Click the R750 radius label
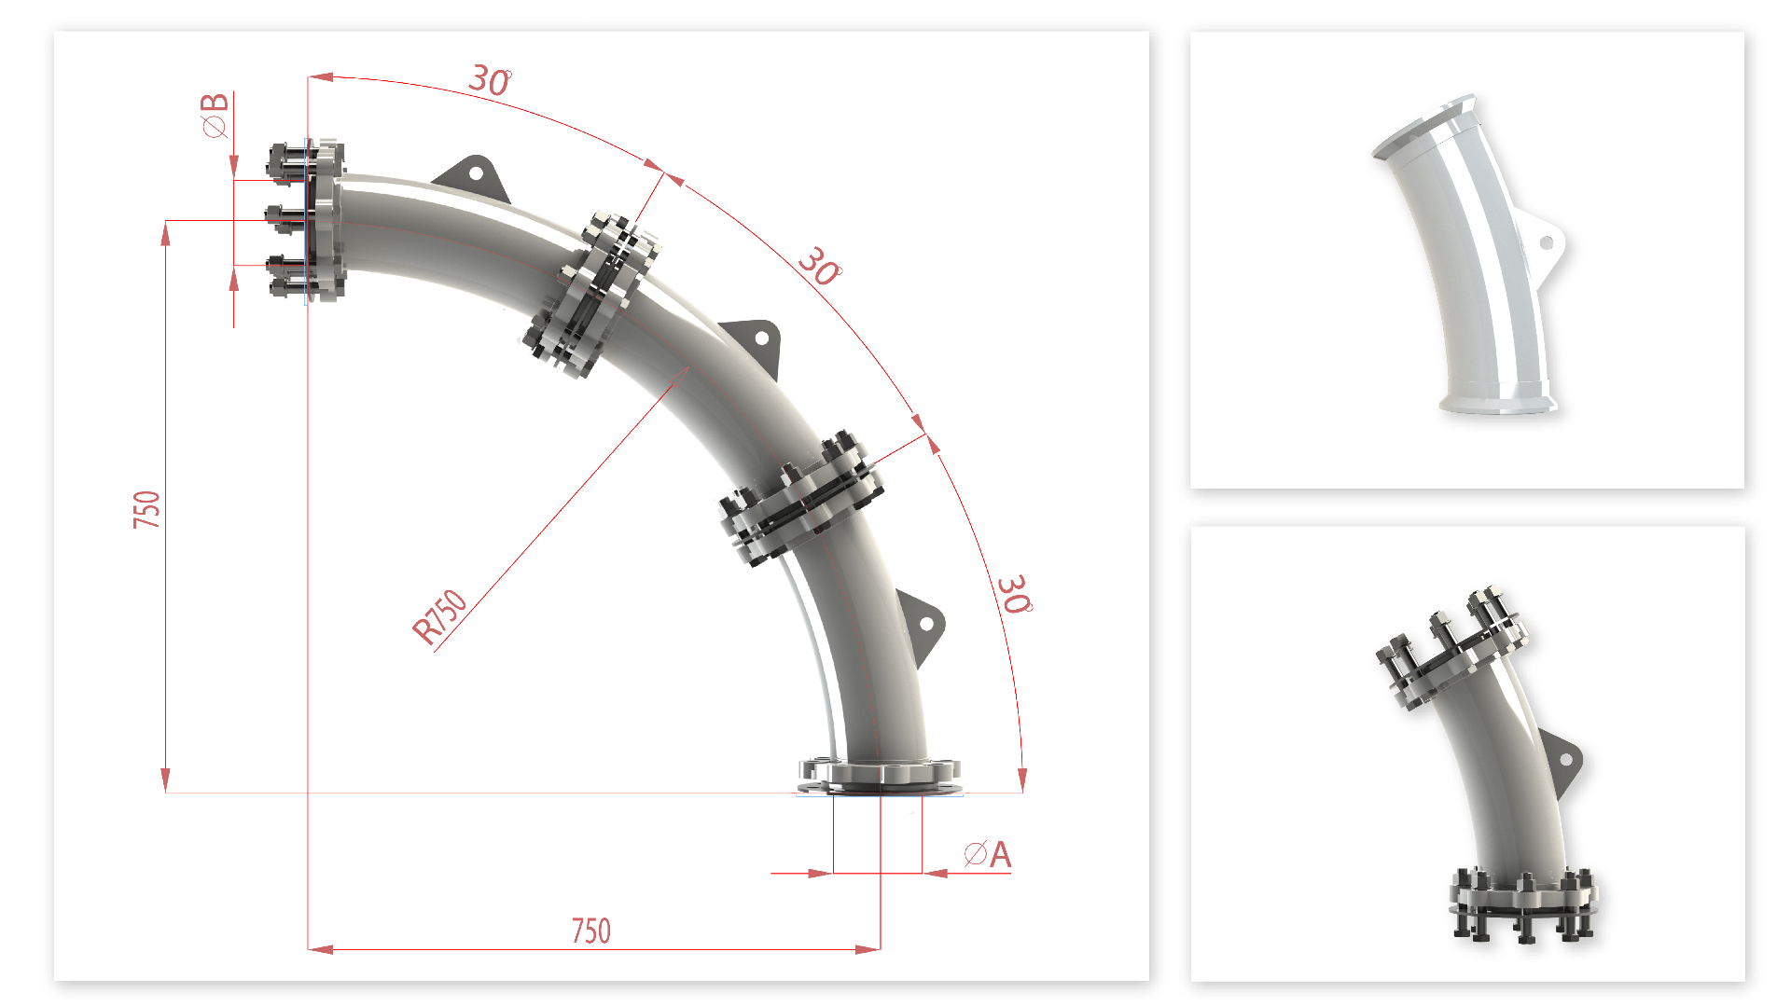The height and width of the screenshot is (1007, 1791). tap(439, 616)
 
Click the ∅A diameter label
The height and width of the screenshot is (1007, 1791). tap(988, 854)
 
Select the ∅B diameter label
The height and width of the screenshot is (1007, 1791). tap(215, 115)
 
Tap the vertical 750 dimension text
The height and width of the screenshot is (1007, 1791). tap(146, 509)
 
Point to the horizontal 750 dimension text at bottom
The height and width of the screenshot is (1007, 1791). tap(590, 931)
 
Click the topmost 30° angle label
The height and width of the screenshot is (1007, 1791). tap(490, 80)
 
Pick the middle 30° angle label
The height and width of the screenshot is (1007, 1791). tap(820, 267)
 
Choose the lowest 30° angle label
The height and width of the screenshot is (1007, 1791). tap(1013, 594)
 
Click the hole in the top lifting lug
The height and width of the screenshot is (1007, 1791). tap(476, 173)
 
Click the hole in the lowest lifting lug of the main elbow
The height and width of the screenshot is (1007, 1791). tap(927, 624)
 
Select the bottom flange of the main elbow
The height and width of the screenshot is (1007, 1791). tap(880, 773)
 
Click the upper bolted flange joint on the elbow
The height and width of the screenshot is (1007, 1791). tap(593, 294)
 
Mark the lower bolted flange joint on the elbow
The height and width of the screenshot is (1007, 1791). tap(800, 498)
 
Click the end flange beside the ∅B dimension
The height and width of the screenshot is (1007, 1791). tap(324, 220)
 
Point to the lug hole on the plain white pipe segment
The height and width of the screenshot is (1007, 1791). tap(1547, 243)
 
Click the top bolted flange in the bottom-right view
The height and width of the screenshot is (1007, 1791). tap(1451, 649)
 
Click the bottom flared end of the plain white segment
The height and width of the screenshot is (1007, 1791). tap(1498, 403)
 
